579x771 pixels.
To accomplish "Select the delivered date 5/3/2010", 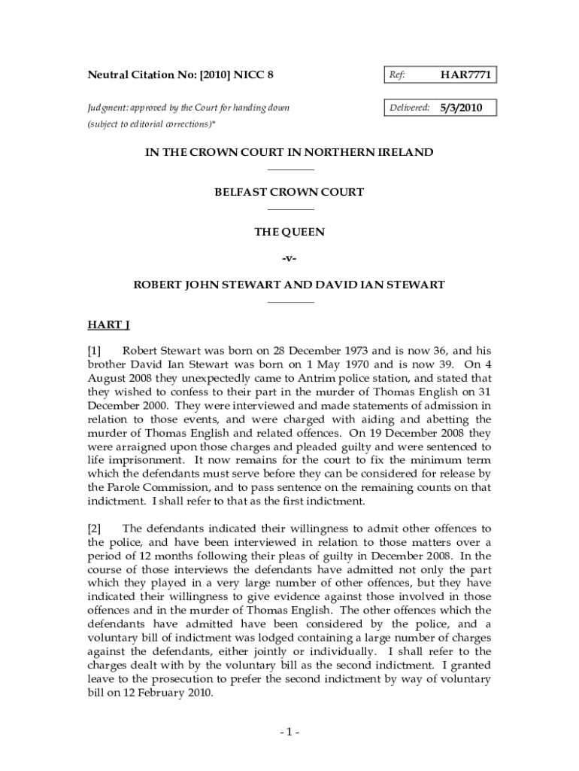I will [461, 108].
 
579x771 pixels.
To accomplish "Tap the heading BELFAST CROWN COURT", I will [289, 192].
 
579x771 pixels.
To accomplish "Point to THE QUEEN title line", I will [289, 233].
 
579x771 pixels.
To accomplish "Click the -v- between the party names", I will [289, 259].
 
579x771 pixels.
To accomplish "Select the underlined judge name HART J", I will [109, 325].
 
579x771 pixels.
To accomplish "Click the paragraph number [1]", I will [95, 350].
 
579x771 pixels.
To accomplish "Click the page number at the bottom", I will [289, 733].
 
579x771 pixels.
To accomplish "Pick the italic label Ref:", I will [397, 75].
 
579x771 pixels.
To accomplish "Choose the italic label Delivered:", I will [409, 108].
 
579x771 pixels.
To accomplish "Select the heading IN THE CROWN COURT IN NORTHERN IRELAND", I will [289, 152].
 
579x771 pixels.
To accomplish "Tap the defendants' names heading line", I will [289, 285].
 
